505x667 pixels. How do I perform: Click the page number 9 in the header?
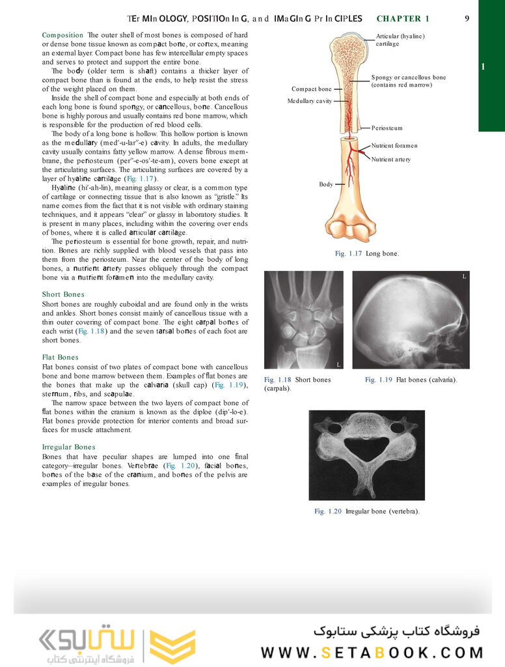click(467, 19)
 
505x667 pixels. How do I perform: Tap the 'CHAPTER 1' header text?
click(403, 19)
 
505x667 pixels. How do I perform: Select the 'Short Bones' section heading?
click(63, 294)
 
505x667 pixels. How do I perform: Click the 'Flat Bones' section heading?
click(60, 357)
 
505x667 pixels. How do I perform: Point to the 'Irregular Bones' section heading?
click(68, 447)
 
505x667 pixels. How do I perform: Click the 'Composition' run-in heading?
click(62, 35)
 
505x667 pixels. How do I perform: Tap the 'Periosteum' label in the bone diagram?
click(387, 128)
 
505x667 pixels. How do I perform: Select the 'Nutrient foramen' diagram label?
click(394, 146)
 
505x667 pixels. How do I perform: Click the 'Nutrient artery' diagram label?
click(390, 160)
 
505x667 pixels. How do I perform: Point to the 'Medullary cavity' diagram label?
click(310, 101)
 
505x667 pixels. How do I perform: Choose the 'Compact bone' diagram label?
click(311, 89)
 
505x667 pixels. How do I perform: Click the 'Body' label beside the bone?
click(325, 184)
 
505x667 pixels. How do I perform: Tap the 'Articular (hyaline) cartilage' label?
click(400, 40)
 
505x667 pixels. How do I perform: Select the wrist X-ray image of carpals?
click(303, 320)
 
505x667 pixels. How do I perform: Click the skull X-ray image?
click(411, 320)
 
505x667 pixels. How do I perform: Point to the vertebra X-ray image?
click(366, 455)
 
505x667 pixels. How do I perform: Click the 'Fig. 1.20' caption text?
click(366, 511)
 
